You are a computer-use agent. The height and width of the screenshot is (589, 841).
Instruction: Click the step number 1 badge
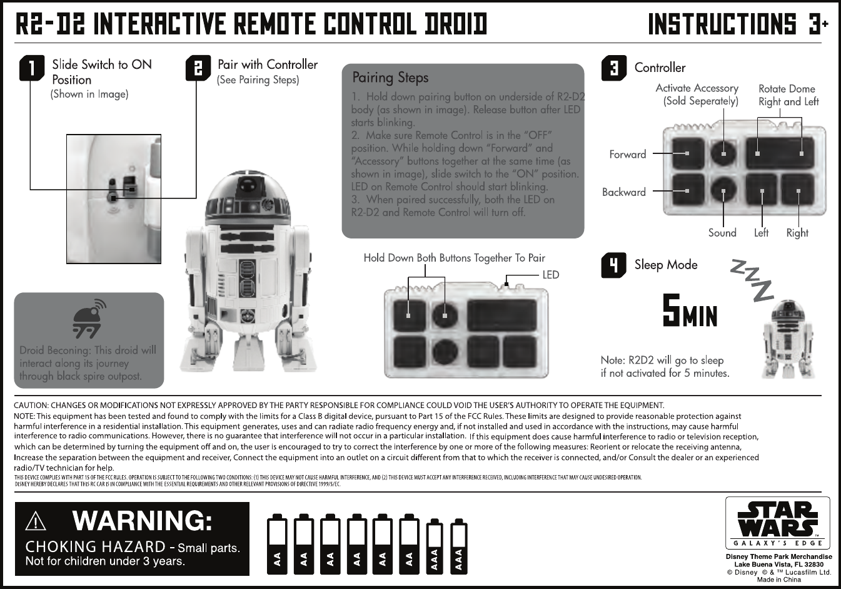coord(32,68)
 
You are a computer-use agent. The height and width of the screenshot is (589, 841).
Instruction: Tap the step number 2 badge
coord(198,68)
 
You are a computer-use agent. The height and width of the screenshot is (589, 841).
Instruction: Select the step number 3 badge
coord(613,68)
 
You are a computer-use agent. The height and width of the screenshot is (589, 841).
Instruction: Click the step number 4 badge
coord(613,265)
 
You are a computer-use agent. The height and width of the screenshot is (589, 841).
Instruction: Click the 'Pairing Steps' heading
coord(390,78)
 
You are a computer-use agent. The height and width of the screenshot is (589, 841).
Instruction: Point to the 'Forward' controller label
coord(627,154)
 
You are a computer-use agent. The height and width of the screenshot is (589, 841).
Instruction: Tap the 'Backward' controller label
coord(623,192)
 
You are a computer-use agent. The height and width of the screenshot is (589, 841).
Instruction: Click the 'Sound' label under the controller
coord(722,233)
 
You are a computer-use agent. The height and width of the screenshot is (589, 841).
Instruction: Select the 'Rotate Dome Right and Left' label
coord(788,95)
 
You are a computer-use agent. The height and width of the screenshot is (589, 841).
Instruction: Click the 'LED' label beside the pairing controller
coord(550,275)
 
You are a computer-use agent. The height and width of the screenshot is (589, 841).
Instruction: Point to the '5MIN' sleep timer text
coord(690,312)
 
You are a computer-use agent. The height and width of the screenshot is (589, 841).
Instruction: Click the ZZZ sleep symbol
coord(753,279)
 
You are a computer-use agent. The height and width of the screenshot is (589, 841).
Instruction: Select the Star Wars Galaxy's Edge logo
coord(778,522)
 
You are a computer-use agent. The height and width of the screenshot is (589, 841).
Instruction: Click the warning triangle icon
coord(37,521)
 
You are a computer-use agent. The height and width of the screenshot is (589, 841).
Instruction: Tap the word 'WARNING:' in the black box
coord(142,520)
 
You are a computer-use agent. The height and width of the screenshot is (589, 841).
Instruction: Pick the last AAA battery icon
coord(459,546)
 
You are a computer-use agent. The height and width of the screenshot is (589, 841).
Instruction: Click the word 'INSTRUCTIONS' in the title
coord(722,25)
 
